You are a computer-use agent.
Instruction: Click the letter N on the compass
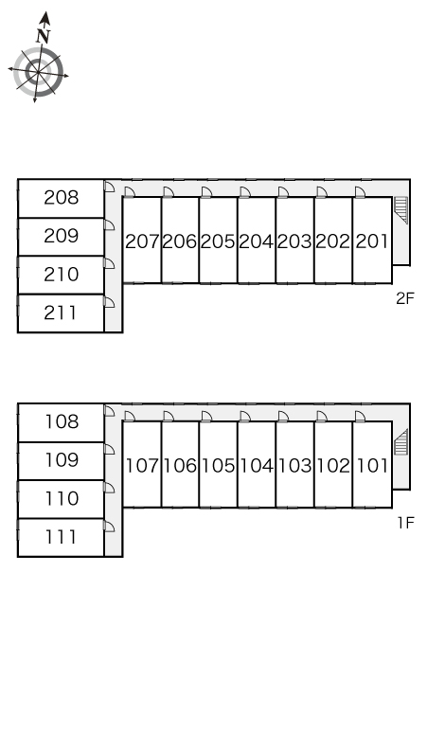click(43, 36)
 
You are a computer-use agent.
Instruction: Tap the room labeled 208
click(61, 198)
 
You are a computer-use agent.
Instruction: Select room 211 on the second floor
click(61, 313)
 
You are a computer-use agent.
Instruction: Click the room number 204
click(256, 241)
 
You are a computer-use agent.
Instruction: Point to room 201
click(372, 241)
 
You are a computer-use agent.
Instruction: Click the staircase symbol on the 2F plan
click(400, 210)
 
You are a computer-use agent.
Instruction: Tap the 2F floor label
click(405, 298)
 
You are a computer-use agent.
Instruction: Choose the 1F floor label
click(406, 523)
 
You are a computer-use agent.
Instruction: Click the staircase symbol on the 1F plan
click(400, 442)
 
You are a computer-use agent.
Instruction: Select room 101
click(372, 465)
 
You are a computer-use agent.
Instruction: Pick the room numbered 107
click(142, 465)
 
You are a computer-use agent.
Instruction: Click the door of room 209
click(109, 224)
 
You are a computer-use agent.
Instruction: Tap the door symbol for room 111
click(109, 526)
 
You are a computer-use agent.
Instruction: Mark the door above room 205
click(206, 192)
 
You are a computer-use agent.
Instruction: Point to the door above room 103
click(283, 417)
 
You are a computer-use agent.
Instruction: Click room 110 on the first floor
click(61, 499)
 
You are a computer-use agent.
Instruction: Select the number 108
click(62, 422)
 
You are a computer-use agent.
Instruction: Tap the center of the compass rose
click(38, 71)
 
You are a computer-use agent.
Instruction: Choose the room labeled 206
click(180, 241)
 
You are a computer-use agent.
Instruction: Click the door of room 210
click(109, 263)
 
